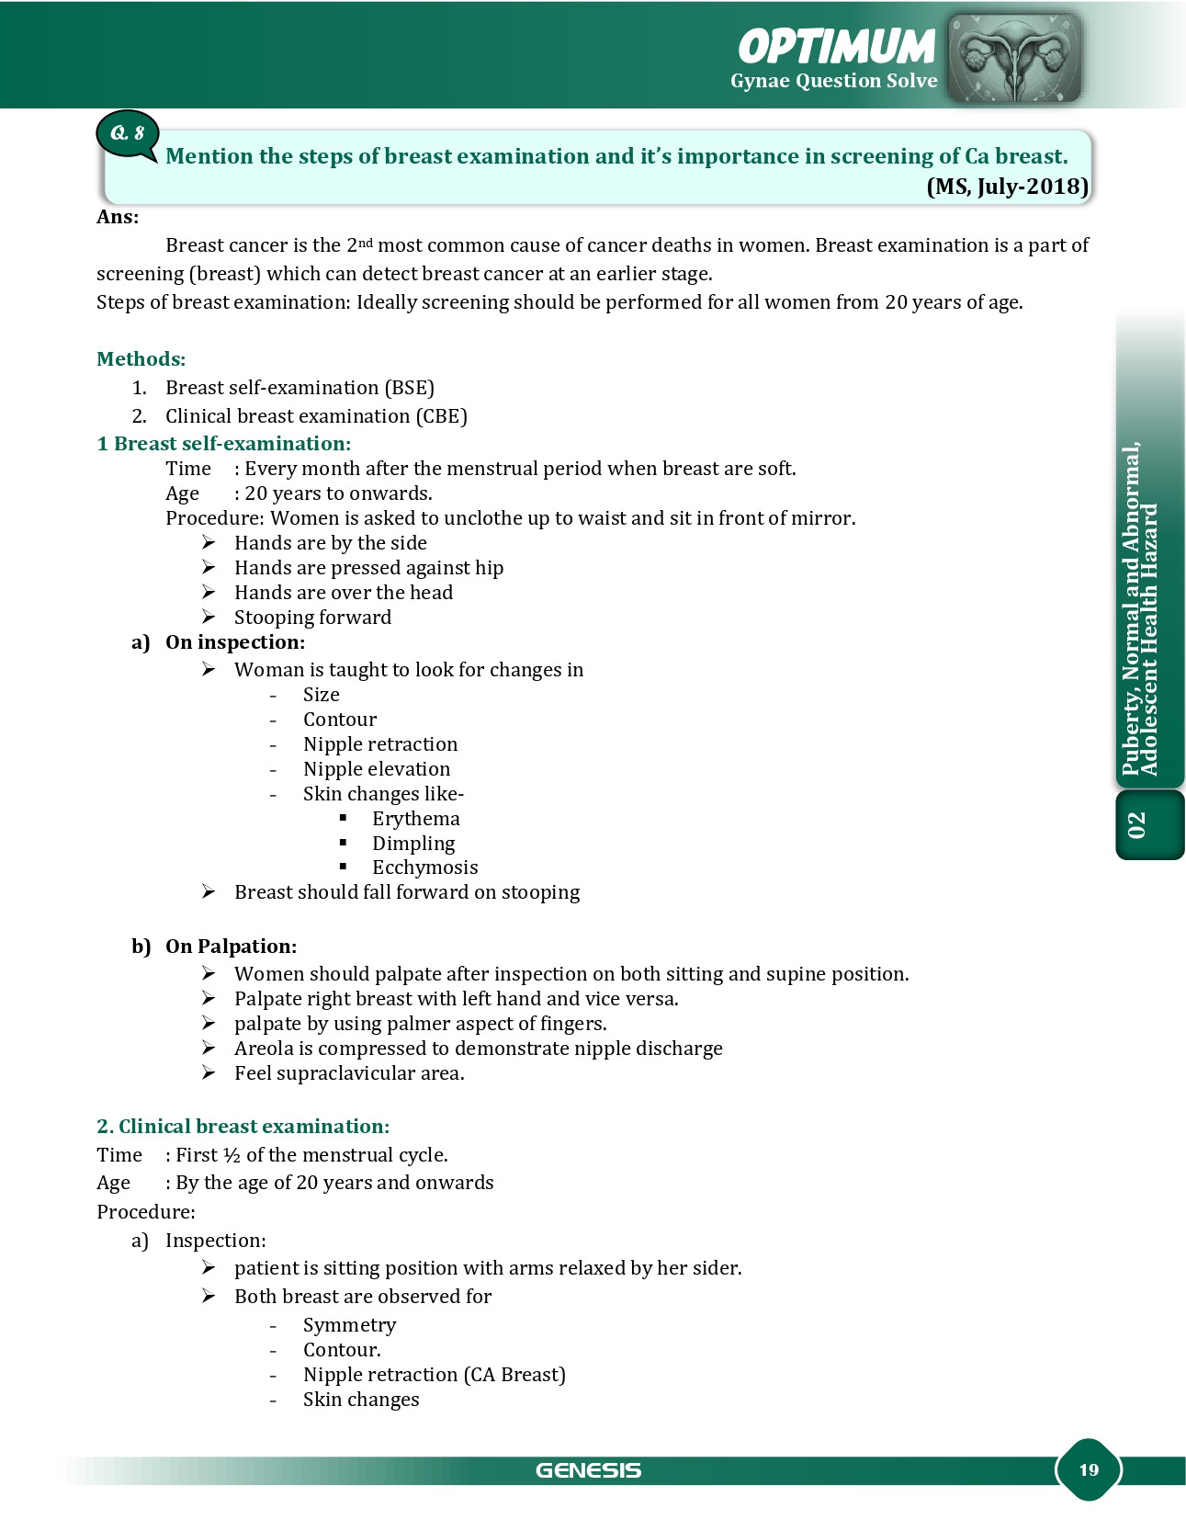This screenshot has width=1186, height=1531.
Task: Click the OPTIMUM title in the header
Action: [836, 46]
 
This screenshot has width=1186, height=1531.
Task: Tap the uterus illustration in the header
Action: [1014, 57]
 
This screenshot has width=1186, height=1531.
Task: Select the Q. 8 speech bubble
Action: [128, 134]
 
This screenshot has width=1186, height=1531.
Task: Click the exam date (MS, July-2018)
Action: [1008, 187]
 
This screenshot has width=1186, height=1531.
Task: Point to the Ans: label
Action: [118, 217]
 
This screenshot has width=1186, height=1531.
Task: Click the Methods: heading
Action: [141, 358]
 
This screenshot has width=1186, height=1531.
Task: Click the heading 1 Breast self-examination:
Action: [223, 444]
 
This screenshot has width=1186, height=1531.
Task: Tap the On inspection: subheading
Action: [234, 642]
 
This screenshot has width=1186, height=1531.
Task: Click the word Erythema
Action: [416, 819]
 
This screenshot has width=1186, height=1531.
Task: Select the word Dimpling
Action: [413, 844]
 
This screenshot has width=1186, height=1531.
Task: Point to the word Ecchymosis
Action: [424, 868]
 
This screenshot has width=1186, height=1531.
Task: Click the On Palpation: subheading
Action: [231, 947]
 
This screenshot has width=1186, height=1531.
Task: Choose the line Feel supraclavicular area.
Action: [349, 1073]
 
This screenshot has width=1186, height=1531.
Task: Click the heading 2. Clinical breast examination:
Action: [243, 1127]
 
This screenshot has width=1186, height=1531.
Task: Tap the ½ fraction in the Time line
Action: [232, 1155]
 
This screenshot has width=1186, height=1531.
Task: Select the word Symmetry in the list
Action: [349, 1325]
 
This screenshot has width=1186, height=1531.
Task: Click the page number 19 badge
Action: [1089, 1469]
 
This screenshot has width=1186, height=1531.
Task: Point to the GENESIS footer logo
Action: [588, 1470]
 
